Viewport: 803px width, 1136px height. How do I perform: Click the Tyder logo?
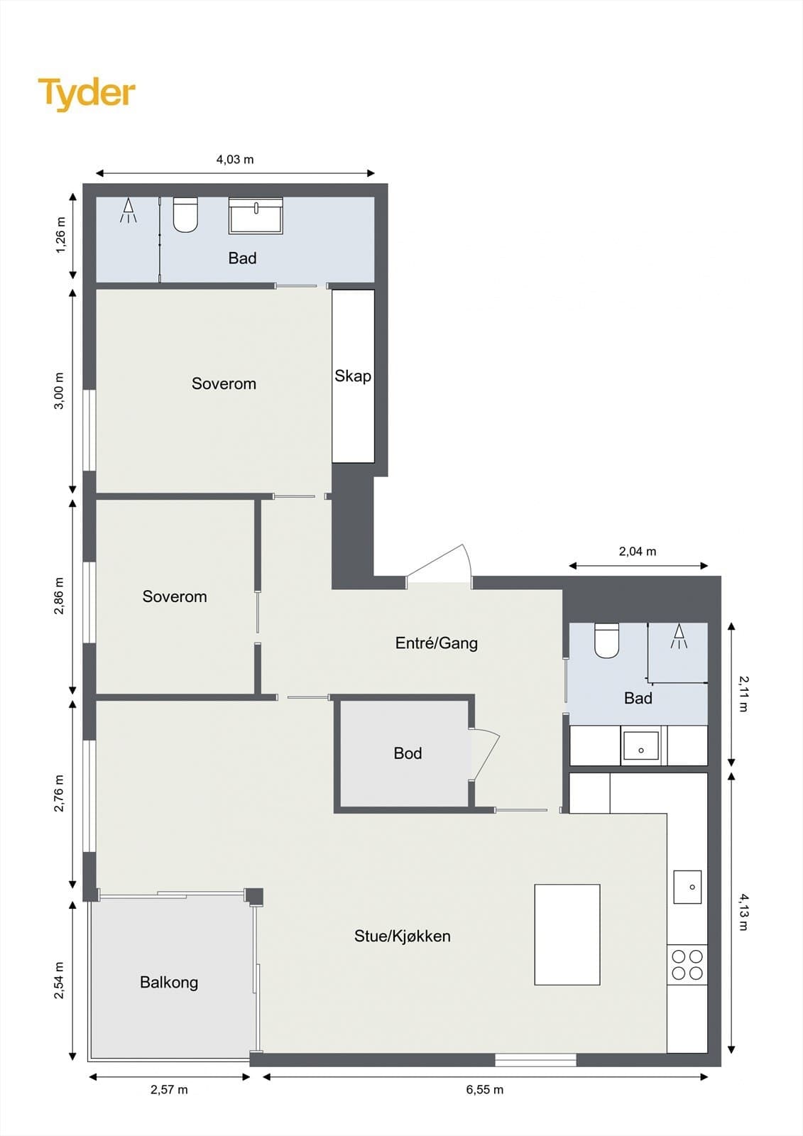pos(87,94)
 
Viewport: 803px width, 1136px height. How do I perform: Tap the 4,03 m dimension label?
pos(235,159)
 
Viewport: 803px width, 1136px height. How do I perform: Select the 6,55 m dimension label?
pos(485,1089)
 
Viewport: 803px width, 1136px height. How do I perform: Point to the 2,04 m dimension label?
pos(638,551)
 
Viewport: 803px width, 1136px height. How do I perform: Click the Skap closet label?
pos(353,376)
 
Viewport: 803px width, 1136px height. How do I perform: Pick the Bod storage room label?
pos(408,753)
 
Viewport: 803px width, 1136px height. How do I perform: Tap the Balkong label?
pos(169,983)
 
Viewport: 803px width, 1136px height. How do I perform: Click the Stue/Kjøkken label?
pos(403,936)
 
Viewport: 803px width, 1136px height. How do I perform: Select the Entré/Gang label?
pos(436,643)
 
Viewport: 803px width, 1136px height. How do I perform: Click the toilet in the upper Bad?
pos(185,214)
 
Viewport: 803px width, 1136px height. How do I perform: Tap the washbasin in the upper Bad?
pos(256,216)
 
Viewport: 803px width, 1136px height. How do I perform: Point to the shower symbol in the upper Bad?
pos(129,211)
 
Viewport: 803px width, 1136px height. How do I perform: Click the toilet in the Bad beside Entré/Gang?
pos(607,640)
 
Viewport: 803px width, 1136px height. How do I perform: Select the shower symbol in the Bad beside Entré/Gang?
pos(679,636)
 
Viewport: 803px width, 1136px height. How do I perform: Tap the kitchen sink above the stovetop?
pos(687,887)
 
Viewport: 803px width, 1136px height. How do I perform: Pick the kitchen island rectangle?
pos(567,934)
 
